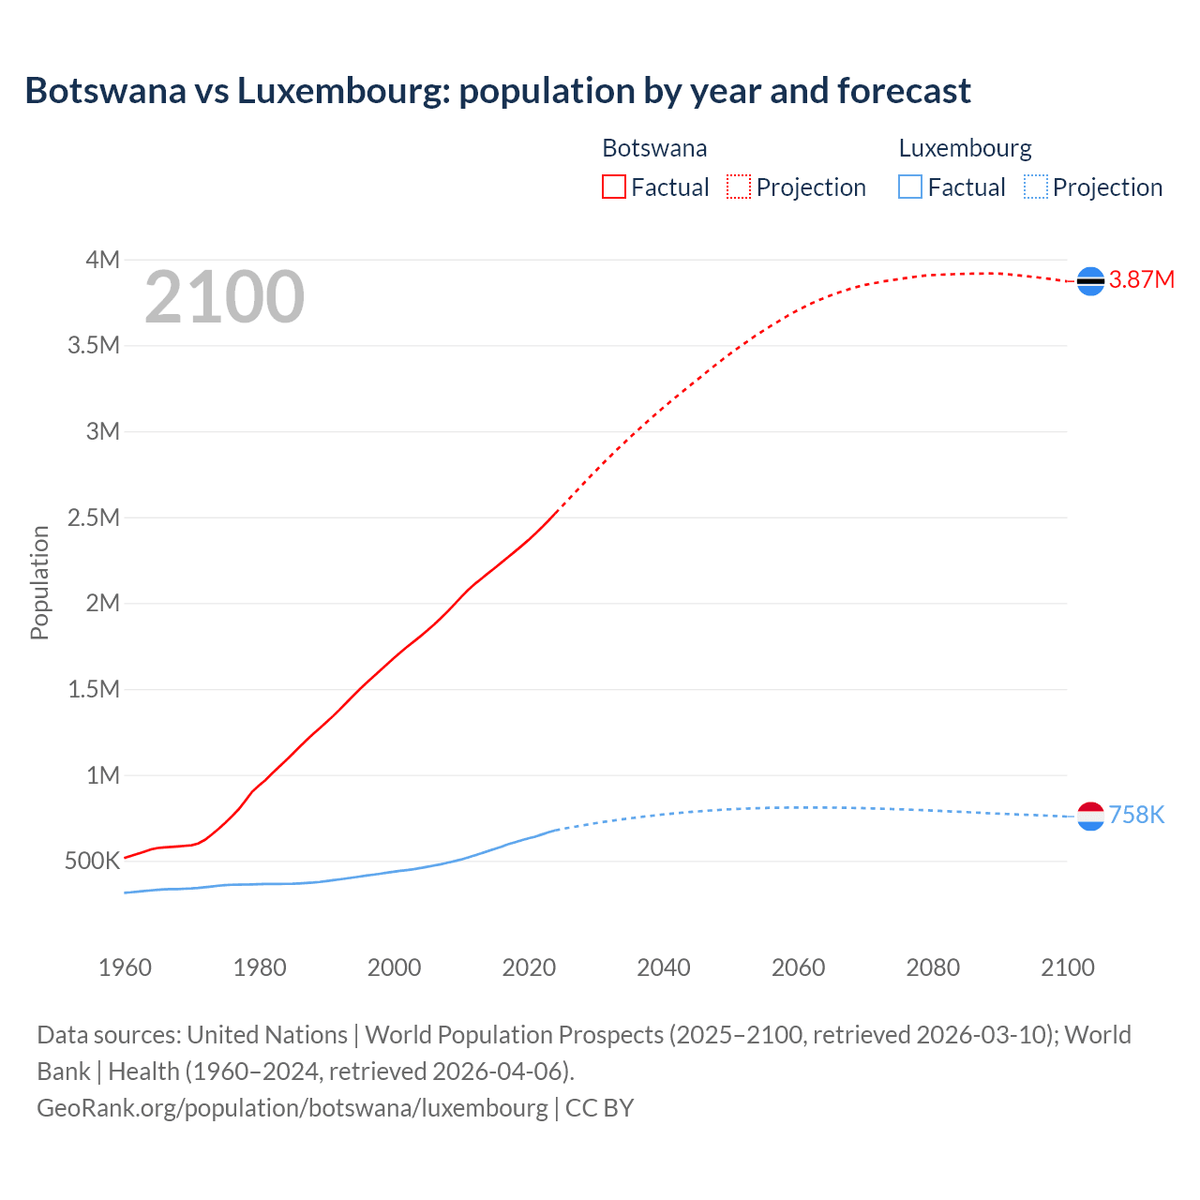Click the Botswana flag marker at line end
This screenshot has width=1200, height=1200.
click(x=1090, y=280)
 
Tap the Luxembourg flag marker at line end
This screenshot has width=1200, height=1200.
click(x=1090, y=817)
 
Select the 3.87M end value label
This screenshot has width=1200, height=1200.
click(x=1141, y=280)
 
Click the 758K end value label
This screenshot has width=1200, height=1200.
click(x=1136, y=816)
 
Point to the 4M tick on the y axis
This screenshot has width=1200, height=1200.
click(x=102, y=260)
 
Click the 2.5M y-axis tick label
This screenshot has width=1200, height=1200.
click(x=94, y=517)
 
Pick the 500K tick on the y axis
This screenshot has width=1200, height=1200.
click(x=92, y=862)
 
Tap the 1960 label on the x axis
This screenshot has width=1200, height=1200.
click(x=125, y=967)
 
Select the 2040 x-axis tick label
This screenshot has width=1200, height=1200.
click(x=664, y=967)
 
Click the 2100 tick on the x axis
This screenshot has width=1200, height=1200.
click(x=1068, y=967)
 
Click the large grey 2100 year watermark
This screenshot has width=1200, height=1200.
click(x=224, y=297)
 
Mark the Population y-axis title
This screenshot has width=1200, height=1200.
click(x=39, y=582)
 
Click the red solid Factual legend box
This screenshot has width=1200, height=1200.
click(x=613, y=187)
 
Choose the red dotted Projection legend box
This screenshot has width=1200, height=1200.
click(x=739, y=187)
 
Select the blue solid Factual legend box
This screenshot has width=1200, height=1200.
click(x=910, y=187)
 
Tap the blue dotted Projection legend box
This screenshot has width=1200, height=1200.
click(x=1036, y=187)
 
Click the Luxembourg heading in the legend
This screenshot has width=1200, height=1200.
click(x=965, y=148)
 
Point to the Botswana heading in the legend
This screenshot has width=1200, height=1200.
click(x=654, y=148)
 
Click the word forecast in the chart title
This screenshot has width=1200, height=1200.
click(x=904, y=91)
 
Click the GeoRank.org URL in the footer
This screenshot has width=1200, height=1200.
click(x=292, y=1108)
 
